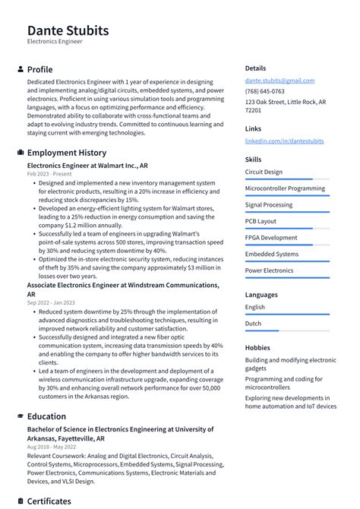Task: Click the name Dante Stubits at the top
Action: (x=68, y=30)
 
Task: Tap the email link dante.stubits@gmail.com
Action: (x=279, y=81)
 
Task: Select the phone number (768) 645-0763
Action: (x=265, y=91)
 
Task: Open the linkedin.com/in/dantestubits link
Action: (x=284, y=141)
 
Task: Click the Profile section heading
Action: (x=39, y=69)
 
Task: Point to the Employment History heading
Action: (x=66, y=153)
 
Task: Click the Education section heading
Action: (x=46, y=416)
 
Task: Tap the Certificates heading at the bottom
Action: (x=49, y=501)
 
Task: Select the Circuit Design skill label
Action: (x=264, y=172)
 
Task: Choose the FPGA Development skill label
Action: (x=271, y=238)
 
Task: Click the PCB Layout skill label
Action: (x=261, y=221)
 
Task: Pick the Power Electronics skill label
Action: (x=269, y=270)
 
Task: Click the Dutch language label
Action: (x=254, y=324)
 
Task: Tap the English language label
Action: (x=255, y=307)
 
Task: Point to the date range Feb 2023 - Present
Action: (x=49, y=174)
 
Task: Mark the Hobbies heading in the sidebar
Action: (x=257, y=347)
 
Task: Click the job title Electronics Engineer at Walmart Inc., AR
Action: (x=87, y=165)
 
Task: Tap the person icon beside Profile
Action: (x=20, y=69)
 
